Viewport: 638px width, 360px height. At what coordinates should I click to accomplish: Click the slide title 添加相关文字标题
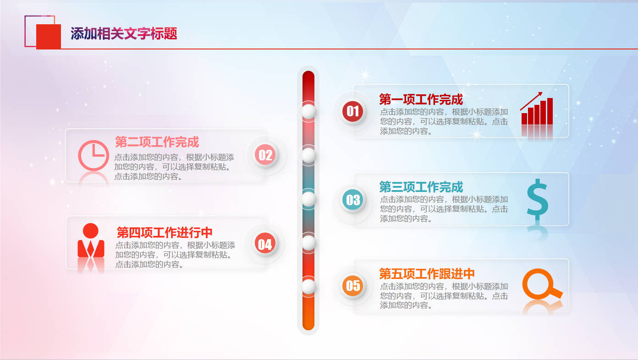[x=124, y=33]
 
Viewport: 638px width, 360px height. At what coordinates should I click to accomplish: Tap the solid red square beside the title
[x=49, y=37]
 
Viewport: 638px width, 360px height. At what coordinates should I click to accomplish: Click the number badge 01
[x=352, y=111]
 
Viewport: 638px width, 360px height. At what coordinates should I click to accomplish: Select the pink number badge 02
[x=265, y=155]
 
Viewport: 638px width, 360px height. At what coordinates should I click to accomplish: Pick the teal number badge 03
[x=352, y=200]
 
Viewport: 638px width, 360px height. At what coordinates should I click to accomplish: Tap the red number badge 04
[x=265, y=244]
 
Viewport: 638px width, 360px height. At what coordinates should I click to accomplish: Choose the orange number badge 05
[x=352, y=286]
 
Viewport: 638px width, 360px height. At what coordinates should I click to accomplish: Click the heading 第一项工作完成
[x=421, y=99]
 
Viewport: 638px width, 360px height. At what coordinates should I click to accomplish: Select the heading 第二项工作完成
[x=157, y=142]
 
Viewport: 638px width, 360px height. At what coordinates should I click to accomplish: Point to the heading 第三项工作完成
[x=421, y=187]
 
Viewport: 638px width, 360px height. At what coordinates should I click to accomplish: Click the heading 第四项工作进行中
[x=165, y=233]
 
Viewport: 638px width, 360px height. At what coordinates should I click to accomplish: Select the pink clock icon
[x=93, y=155]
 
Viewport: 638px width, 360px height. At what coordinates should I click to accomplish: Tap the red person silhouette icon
[x=91, y=240]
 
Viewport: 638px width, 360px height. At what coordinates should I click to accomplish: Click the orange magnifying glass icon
[x=542, y=284]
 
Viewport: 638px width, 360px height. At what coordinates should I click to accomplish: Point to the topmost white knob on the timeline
[x=308, y=111]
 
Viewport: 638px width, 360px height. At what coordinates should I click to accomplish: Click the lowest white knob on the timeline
[x=308, y=286]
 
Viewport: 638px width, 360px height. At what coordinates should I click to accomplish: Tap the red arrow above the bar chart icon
[x=531, y=101]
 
